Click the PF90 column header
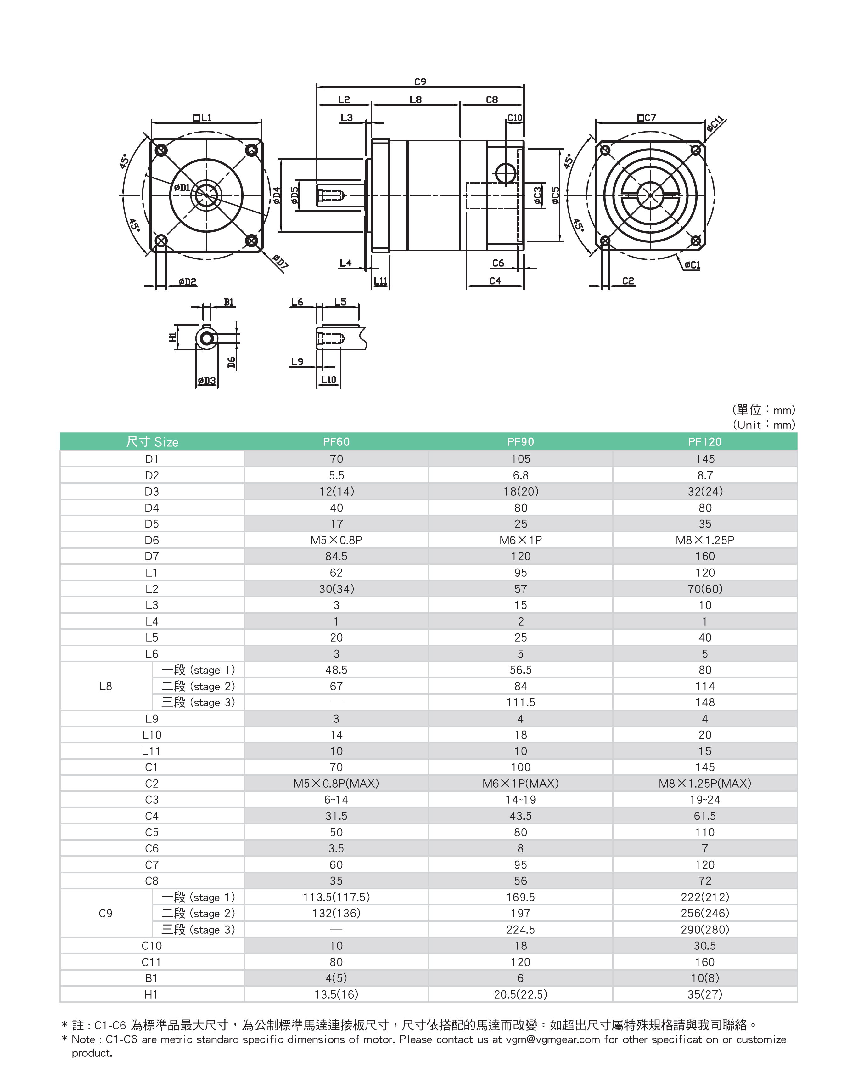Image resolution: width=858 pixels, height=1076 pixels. coord(520,442)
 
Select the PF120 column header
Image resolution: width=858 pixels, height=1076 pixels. coord(704,442)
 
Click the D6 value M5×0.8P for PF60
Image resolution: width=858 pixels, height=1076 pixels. coord(336,540)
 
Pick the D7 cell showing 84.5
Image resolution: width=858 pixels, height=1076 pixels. coord(336,557)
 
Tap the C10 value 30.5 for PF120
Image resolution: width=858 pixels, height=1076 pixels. coord(704,946)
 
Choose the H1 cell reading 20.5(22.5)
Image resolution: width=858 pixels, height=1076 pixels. coord(520,994)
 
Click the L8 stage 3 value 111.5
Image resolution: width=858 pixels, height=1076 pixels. coord(520,702)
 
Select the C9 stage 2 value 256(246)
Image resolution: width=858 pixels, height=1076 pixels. coord(704,913)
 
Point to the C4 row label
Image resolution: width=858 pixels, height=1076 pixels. coord(152,816)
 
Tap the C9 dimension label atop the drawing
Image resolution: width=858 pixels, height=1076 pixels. coord(420,81)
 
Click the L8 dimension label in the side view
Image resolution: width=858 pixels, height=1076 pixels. coord(416,100)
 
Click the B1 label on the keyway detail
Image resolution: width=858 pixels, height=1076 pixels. coord(228,302)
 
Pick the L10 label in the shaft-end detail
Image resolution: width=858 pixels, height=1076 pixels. coord(328,380)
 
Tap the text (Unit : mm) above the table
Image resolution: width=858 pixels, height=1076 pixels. coord(764,425)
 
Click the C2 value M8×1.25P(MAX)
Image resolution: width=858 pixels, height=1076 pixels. coord(704,784)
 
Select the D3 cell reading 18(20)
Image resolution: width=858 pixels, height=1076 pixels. coord(520,492)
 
